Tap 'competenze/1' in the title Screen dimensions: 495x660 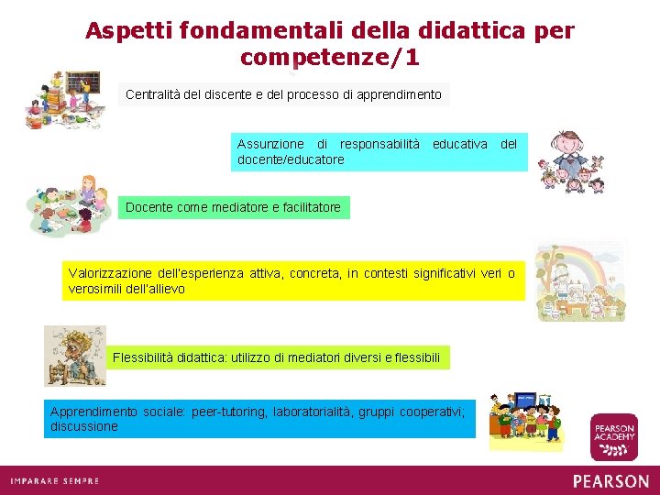point(329,57)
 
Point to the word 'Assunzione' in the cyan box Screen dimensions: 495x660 point(269,144)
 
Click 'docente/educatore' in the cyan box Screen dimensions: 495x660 point(291,159)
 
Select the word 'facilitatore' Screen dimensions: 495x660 point(306,207)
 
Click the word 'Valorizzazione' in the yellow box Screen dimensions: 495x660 point(111,273)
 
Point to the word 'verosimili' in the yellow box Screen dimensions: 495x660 point(96,289)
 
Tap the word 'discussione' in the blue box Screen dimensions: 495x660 point(84,426)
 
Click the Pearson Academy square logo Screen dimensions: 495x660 point(613,436)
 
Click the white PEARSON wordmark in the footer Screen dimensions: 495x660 point(610,480)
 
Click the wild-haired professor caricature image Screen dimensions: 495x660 point(75,356)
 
